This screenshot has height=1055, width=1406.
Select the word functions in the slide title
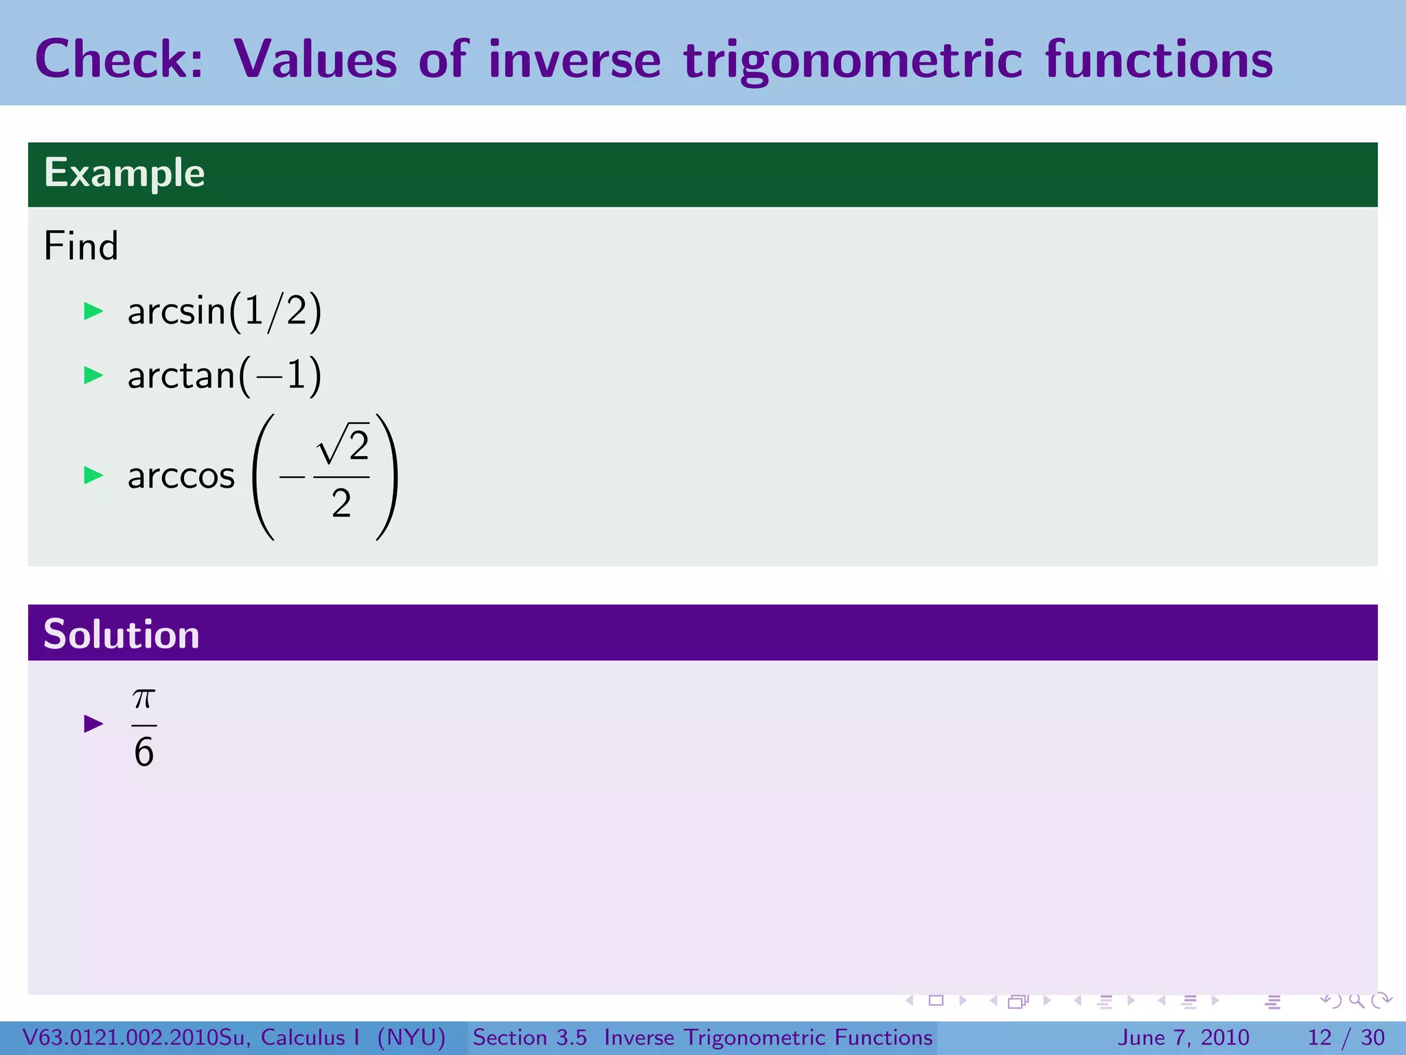1159,59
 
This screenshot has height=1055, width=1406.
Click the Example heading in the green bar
124,172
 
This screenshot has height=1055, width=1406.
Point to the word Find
81,246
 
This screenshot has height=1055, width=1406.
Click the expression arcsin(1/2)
224,311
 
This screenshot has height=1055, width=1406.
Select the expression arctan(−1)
224,375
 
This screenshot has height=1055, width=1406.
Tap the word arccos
181,475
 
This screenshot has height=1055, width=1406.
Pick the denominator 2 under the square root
341,503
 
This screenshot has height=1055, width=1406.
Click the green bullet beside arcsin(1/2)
93,311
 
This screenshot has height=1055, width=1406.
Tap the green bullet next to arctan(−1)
93,375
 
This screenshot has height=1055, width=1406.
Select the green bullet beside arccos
93,475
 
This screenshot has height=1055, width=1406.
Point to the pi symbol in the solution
144,699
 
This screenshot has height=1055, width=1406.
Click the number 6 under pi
144,751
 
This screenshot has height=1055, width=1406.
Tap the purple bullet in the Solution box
93,723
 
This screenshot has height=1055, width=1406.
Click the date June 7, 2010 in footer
1184,1037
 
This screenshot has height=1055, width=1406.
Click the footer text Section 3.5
529,1037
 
